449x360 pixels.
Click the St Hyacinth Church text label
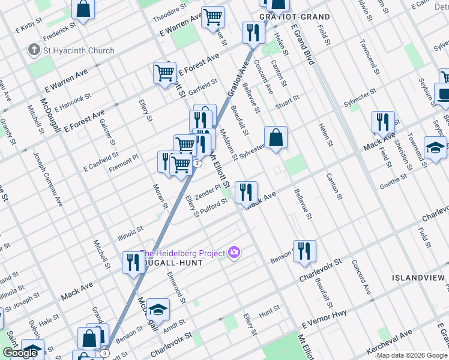coord(78,50)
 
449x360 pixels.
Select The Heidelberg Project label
coord(182,253)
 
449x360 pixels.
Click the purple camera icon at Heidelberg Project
coord(234,253)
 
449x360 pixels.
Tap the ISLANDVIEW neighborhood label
coord(418,278)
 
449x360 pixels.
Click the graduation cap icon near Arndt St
coord(158,309)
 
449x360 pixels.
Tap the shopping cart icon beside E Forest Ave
coord(164,73)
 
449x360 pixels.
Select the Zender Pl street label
coord(208,193)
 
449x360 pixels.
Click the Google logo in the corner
coord(20,353)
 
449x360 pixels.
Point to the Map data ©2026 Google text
coord(412,355)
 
